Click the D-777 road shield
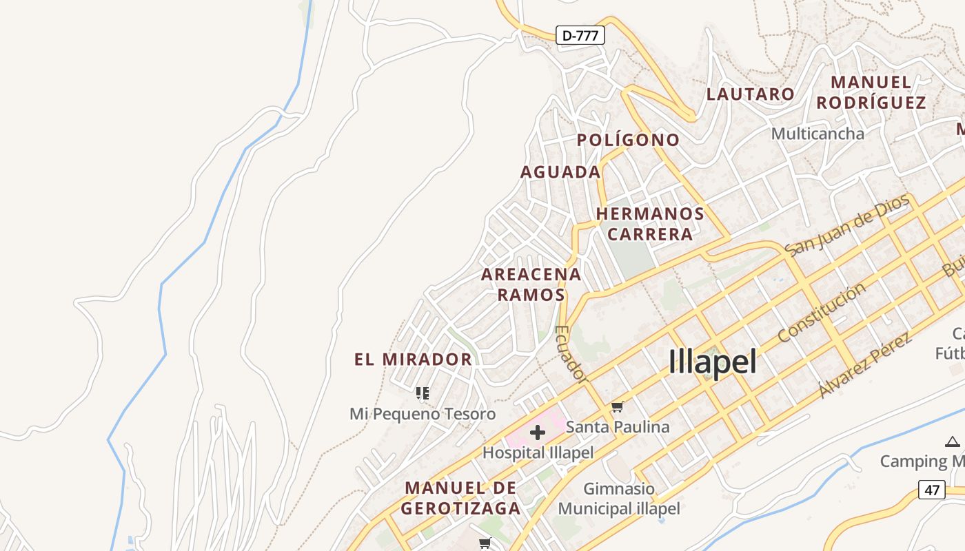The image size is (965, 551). [580, 35]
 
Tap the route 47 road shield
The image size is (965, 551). [932, 490]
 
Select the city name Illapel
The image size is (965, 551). [713, 362]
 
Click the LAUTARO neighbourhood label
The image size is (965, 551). [750, 94]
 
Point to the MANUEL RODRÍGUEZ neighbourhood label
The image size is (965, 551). [871, 92]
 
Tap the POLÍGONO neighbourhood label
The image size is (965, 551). [628, 140]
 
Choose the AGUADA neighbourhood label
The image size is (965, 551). [560, 172]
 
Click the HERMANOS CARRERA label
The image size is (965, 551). [650, 224]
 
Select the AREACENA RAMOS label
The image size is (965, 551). [531, 284]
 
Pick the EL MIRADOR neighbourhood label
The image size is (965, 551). [413, 360]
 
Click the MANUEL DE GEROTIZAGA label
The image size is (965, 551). [460, 498]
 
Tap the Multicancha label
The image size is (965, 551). [817, 134]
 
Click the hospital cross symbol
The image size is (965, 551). [538, 433]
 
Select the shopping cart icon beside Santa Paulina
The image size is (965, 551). [617, 407]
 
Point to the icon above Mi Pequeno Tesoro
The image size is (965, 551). [423, 393]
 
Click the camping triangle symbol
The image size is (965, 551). [952, 441]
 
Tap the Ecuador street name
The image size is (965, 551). [571, 354]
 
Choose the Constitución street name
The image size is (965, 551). [821, 313]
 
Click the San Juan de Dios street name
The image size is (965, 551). [847, 225]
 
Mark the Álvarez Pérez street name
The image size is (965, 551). [865, 365]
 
